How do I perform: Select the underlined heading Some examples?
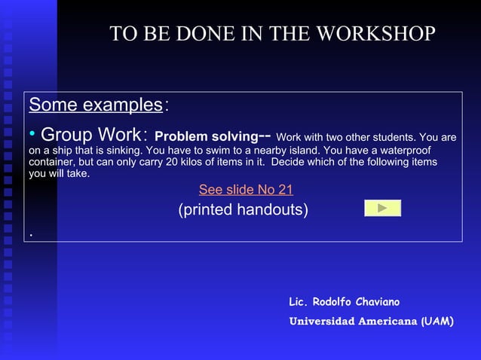(96, 105)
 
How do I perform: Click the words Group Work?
(90, 136)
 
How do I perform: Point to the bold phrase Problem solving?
(206, 137)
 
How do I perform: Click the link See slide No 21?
(246, 190)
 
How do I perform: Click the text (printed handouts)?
(243, 209)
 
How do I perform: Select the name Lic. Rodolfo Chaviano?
(344, 302)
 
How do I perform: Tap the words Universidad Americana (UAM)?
(371, 322)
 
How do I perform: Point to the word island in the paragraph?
(299, 150)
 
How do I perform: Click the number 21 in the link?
(285, 190)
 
